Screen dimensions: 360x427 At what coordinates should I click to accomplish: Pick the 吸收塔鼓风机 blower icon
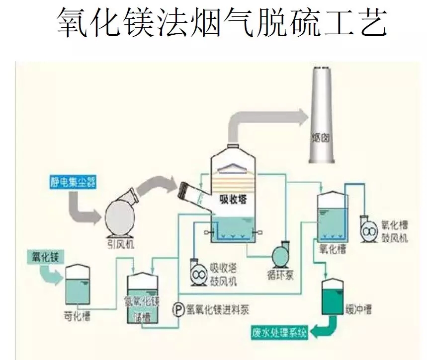coord(199,274)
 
